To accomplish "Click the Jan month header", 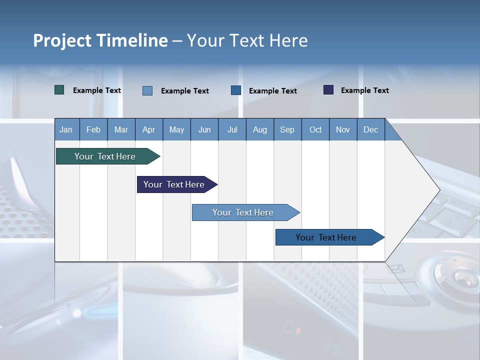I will (x=66, y=129).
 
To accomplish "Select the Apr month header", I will (x=148, y=129).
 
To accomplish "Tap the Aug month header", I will (x=259, y=129).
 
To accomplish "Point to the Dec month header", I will (x=370, y=129).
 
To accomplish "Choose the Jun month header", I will (x=204, y=129).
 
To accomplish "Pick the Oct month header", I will (x=315, y=129).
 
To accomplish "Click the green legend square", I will (x=59, y=90).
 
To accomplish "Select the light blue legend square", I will (x=147, y=90).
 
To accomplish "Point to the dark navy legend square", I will (x=328, y=90).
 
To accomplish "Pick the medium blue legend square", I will (x=236, y=90).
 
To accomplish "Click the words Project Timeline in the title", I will (x=100, y=40).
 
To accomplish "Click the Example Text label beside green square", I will (x=97, y=90).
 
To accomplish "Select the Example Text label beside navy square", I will (x=364, y=90).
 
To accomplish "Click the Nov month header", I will (x=342, y=129).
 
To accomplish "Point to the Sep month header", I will (x=287, y=129).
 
